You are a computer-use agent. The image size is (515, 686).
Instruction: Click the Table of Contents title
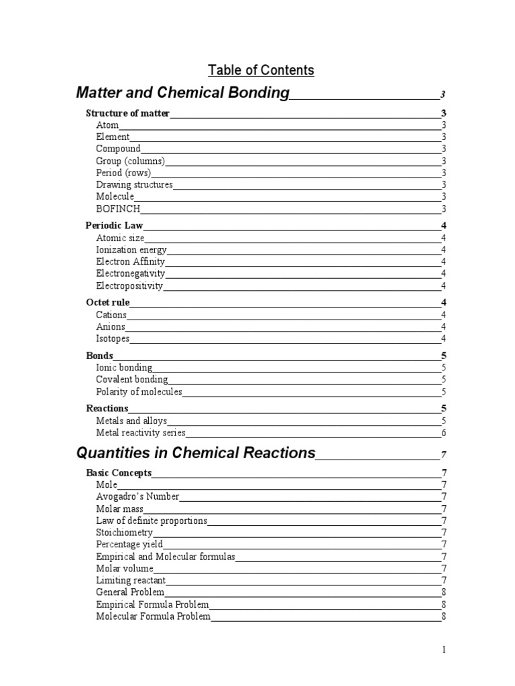point(261,70)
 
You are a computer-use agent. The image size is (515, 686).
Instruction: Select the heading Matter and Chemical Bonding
point(183,92)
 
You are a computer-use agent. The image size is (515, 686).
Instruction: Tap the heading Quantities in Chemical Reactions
point(196,453)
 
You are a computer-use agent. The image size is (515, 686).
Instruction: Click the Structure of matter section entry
point(128,113)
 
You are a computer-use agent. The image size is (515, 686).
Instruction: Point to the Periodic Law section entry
point(115,226)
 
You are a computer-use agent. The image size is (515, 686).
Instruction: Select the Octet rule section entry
point(108,303)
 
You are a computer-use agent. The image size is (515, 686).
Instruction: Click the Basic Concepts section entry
point(119,473)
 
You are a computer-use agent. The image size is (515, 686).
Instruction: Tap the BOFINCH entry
point(118,209)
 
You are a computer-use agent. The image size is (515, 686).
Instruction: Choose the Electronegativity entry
point(130,273)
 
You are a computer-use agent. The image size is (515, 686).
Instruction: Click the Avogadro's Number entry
point(137,496)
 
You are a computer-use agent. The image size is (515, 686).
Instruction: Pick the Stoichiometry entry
point(125,533)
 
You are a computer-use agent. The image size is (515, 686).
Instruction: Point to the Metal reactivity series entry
point(141,433)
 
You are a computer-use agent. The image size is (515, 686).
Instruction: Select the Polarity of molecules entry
point(139,392)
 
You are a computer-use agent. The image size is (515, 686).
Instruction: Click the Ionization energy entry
point(131,250)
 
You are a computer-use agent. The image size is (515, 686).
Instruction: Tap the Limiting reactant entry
point(131,580)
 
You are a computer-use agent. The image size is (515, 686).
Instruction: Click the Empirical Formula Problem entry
point(152,604)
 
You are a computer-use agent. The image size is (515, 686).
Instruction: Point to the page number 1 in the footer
point(443,649)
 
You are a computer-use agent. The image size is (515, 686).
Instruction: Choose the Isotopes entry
point(113,339)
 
